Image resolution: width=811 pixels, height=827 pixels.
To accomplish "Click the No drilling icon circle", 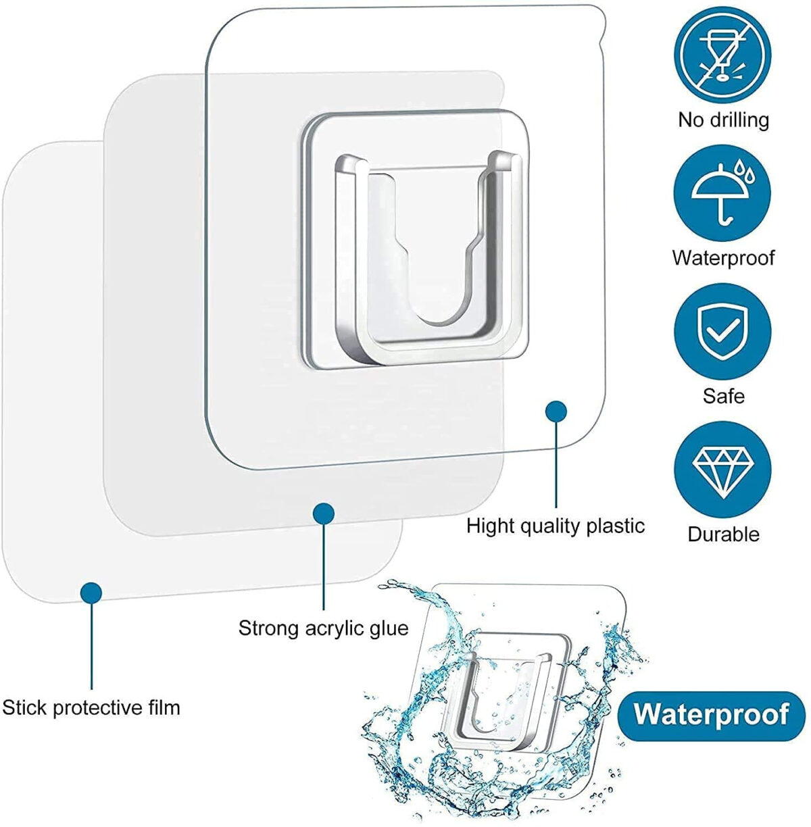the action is click(x=722, y=55).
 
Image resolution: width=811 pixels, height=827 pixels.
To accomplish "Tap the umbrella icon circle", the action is click(x=722, y=193).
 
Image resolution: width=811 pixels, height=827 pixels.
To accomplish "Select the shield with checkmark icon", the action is click(x=722, y=331).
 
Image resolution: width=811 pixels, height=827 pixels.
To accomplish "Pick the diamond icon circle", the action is click(x=722, y=470).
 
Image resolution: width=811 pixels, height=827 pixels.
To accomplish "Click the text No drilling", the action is click(x=723, y=120).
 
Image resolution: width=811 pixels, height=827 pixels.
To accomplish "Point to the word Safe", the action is click(x=723, y=396).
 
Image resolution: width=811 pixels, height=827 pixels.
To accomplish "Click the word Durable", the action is click(x=723, y=534).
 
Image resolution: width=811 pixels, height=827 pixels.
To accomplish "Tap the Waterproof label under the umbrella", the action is click(x=723, y=258).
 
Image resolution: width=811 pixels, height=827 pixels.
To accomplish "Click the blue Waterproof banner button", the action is click(x=712, y=715).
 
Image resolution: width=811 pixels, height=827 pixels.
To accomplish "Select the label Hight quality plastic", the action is click(x=556, y=526).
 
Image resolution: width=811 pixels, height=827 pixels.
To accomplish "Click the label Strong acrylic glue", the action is click(x=323, y=629).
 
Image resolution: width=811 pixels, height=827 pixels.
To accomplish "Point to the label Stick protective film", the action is click(x=91, y=707).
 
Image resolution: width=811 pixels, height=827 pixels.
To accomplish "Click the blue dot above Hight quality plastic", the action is click(x=556, y=411).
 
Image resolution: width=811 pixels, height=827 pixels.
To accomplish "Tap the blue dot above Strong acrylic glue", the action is click(x=324, y=514).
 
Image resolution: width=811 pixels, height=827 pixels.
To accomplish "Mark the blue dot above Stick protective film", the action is click(x=91, y=593).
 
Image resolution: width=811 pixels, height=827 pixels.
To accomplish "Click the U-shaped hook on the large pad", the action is click(x=429, y=257).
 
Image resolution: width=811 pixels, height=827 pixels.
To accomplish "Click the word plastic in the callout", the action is click(x=615, y=527).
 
